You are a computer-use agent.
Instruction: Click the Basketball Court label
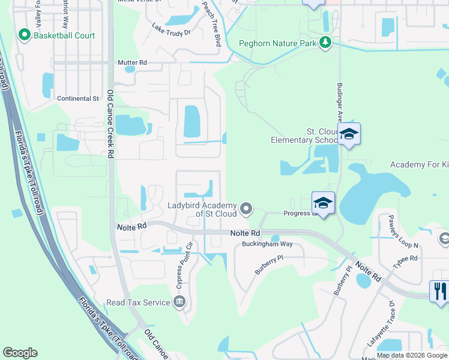[x=64, y=36]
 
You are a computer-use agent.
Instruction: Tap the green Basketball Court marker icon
[x=25, y=35]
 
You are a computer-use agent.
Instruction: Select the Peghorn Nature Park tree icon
[x=325, y=42]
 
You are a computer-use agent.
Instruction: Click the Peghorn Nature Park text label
[x=277, y=43]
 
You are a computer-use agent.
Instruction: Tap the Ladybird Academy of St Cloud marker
[x=246, y=209]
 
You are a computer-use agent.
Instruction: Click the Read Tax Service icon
[x=179, y=302]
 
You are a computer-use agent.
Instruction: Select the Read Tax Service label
[x=138, y=302]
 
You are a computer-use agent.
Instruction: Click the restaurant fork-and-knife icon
[x=440, y=291]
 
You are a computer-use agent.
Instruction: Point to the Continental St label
[x=78, y=98]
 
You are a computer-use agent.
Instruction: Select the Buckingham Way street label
[x=267, y=244]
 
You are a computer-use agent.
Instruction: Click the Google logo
[x=20, y=353]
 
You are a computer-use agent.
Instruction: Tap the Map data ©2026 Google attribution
[x=411, y=355]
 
